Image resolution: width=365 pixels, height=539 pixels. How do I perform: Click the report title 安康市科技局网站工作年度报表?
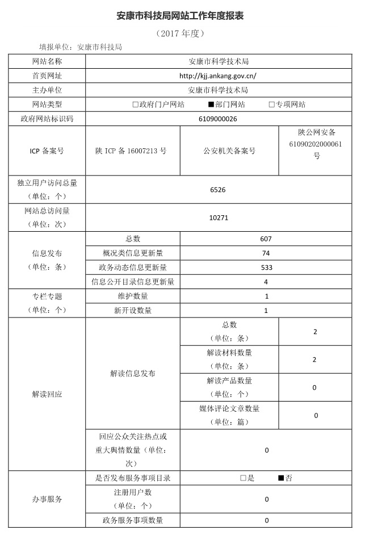coord(181,15)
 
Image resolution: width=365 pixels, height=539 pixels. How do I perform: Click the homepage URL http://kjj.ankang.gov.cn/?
coord(218,75)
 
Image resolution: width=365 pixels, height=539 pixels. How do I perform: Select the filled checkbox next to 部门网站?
coord(211,105)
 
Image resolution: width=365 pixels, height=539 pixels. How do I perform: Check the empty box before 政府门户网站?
coord(135,105)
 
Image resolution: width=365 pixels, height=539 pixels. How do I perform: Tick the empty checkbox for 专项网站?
coord(271,105)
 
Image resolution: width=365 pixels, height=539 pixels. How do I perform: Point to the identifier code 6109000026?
coord(218,119)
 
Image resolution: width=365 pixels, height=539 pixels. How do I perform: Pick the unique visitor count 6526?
coord(217,190)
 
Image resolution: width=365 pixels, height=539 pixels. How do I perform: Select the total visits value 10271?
coord(218,218)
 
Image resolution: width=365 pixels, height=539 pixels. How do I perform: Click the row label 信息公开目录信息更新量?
coord(133,282)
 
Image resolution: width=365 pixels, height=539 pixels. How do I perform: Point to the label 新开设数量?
coord(133,311)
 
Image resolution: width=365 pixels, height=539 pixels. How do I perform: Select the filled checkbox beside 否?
coord(280,478)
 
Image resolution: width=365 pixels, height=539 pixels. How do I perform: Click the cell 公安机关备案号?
coord(229,151)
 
